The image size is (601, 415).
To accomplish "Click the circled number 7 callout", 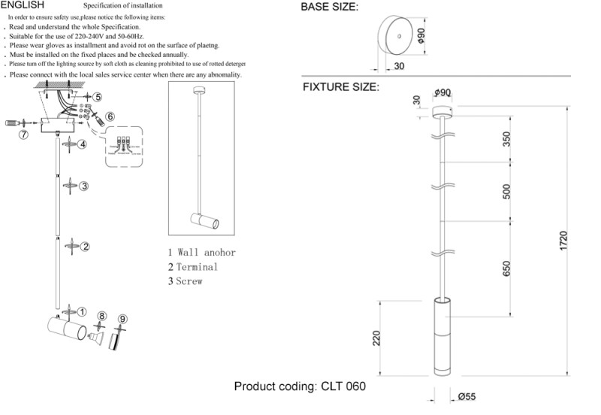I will (23, 135).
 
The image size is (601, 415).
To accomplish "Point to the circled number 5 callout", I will (97, 98).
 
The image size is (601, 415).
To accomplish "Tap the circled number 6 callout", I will (110, 117).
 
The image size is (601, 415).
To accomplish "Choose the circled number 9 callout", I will (123, 318).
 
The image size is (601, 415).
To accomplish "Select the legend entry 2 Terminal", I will (193, 267).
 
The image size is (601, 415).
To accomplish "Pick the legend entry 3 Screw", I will (186, 281).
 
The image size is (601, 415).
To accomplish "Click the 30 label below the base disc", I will (398, 67).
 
